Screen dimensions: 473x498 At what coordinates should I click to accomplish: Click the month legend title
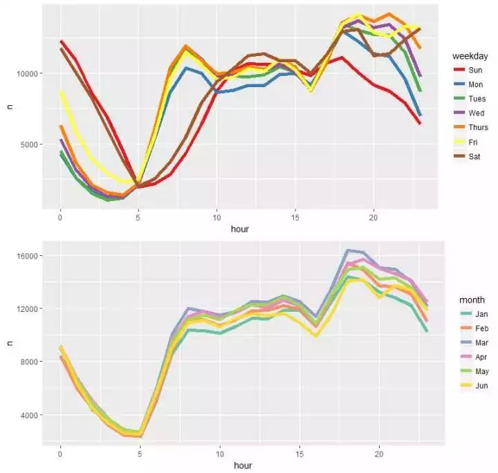472,299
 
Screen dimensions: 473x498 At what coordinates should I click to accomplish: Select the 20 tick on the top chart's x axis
373,216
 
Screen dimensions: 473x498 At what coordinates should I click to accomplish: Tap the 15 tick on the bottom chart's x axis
299,454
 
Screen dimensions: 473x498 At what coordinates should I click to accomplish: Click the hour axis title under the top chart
242,228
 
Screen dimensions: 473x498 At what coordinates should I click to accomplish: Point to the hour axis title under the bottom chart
242,466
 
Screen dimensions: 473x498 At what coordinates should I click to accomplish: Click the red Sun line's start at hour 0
61,41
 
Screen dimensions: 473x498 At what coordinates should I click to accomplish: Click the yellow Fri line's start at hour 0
61,91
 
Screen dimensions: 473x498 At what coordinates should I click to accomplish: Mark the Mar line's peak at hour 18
347,250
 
